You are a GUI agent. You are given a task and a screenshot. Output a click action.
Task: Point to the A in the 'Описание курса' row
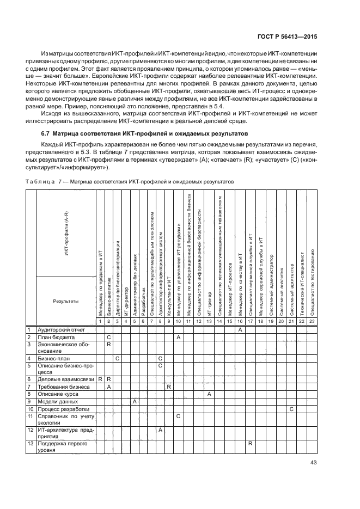(209, 393)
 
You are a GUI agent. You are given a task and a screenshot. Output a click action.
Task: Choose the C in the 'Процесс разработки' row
(291, 408)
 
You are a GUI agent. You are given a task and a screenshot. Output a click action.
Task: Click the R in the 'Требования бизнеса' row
(169, 386)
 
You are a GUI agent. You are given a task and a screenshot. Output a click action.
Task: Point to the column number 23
(312, 322)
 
